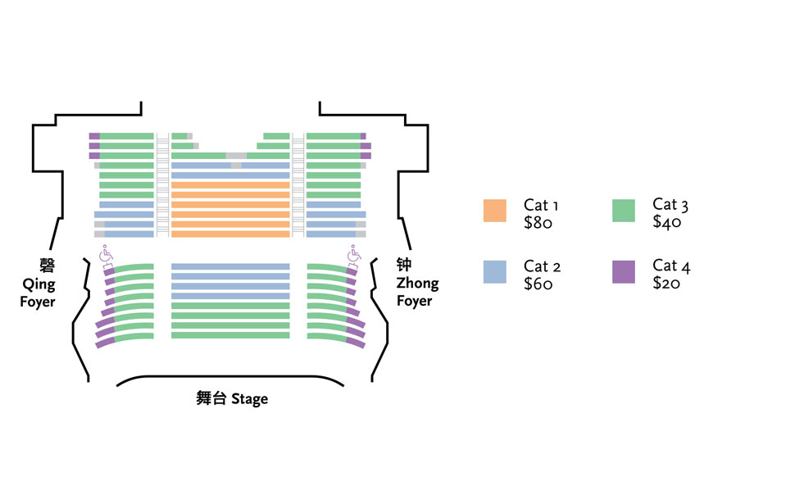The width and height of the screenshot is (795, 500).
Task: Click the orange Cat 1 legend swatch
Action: pyautogui.click(x=494, y=211)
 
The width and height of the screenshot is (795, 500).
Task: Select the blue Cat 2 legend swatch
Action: pyautogui.click(x=494, y=272)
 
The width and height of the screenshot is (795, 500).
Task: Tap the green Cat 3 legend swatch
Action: pyautogui.click(x=624, y=211)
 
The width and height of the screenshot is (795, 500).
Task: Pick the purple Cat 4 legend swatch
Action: pyautogui.click(x=624, y=272)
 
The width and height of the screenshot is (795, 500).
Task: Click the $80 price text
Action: pyautogui.click(x=538, y=223)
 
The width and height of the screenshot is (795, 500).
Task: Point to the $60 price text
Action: pyautogui.click(x=538, y=284)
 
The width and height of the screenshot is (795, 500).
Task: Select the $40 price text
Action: pyautogui.click(x=666, y=222)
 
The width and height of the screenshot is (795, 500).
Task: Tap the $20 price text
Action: pyautogui.click(x=666, y=283)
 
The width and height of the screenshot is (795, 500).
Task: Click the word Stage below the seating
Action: pyautogui.click(x=249, y=399)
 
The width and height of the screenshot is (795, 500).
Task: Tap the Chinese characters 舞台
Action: pyautogui.click(x=211, y=398)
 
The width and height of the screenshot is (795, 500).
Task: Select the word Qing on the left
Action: pyautogui.click(x=39, y=284)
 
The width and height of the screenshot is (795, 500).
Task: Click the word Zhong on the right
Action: pyautogui.click(x=417, y=283)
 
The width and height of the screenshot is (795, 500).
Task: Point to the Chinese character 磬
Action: pyautogui.click(x=48, y=266)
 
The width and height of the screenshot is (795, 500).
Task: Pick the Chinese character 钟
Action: pyautogui.click(x=404, y=264)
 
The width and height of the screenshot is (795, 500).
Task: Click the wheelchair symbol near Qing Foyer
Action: pyautogui.click(x=107, y=256)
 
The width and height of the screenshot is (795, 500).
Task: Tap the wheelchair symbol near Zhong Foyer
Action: pyautogui.click(x=354, y=256)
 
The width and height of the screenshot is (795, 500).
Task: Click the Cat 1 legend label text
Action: pyautogui.click(x=541, y=206)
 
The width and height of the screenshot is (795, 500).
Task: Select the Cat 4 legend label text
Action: pyautogui.click(x=671, y=266)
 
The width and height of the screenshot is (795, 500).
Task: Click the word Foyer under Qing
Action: pyautogui.click(x=38, y=302)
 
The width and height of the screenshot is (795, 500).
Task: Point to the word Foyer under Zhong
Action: pyautogui.click(x=414, y=301)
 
